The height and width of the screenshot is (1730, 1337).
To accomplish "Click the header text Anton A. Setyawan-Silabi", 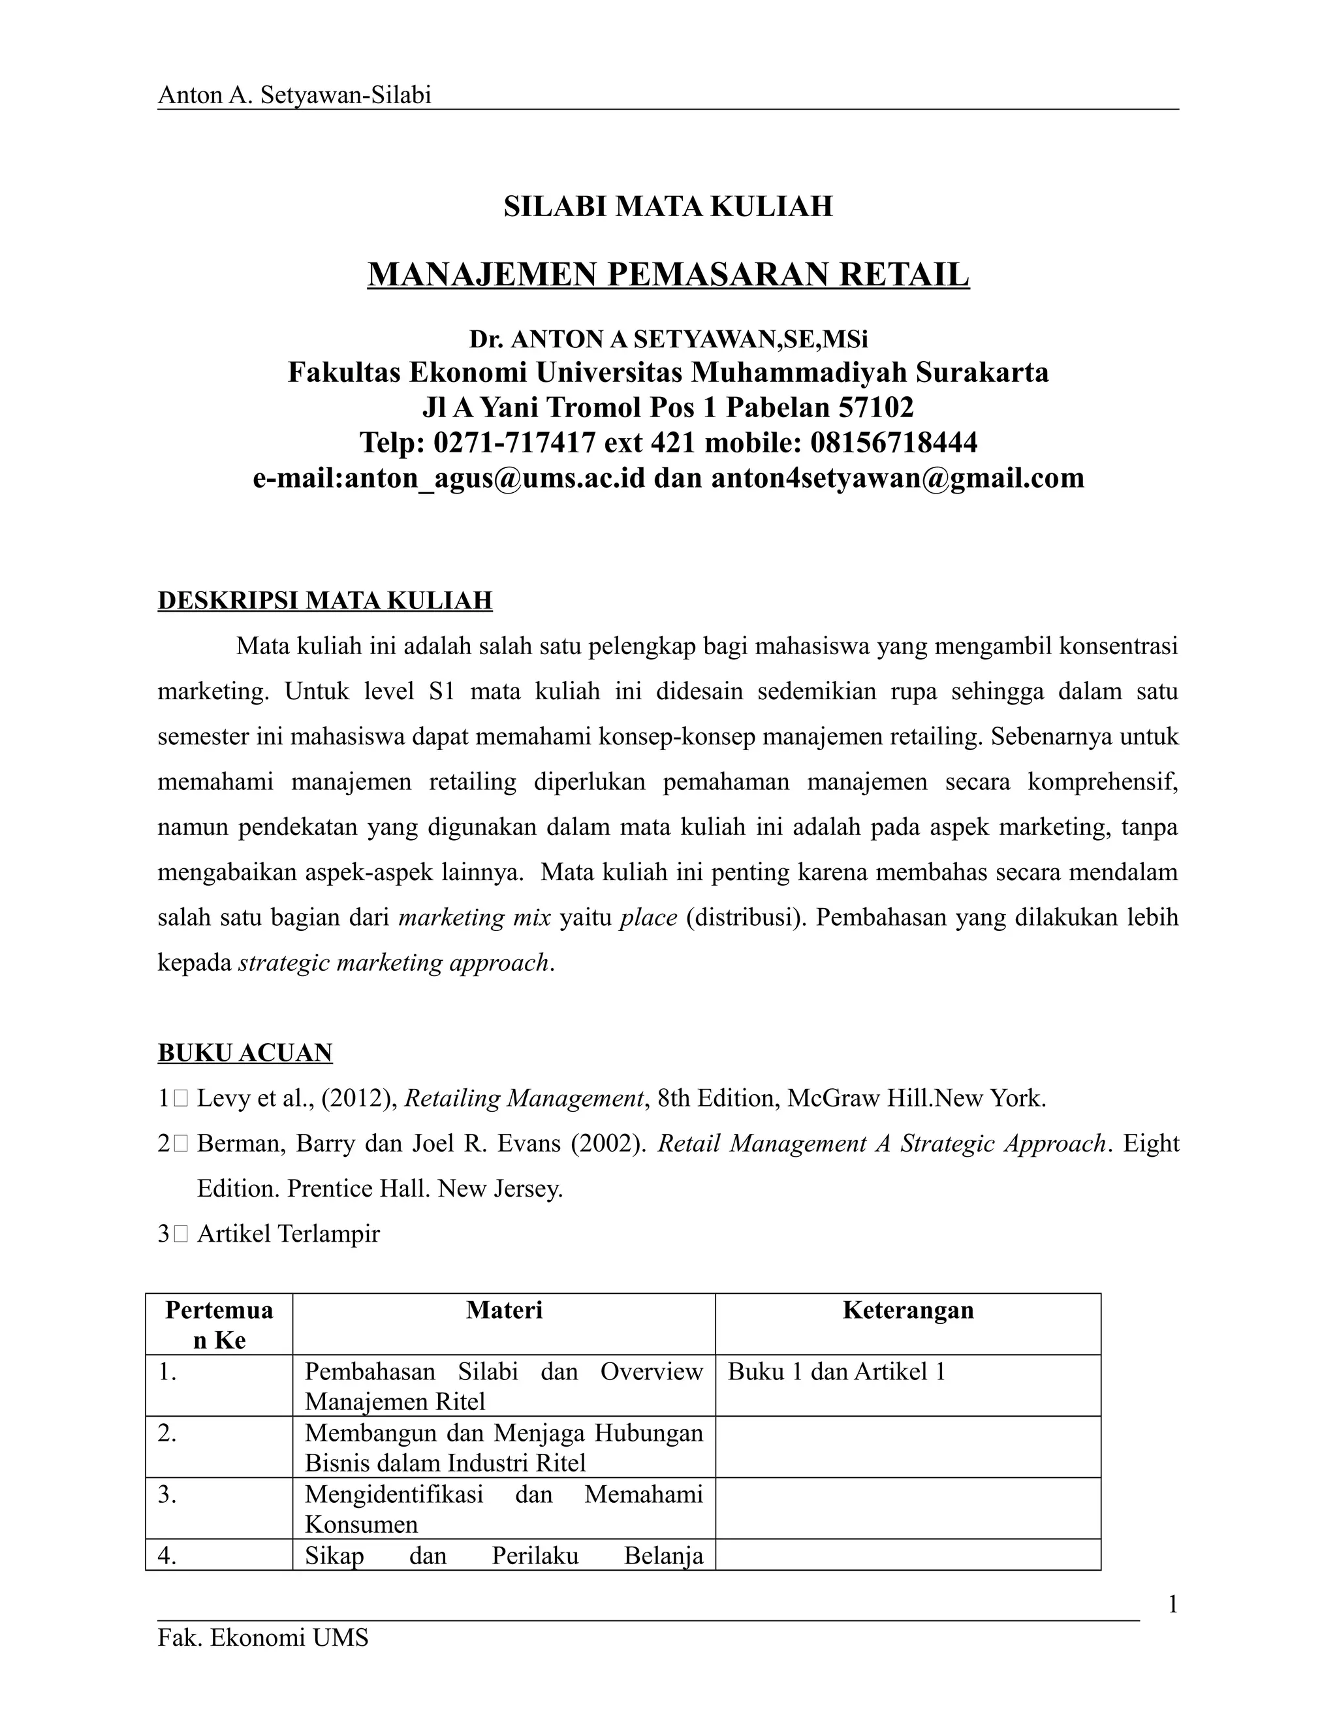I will pyautogui.click(x=294, y=95).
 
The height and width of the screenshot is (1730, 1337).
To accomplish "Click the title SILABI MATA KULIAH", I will pyautogui.click(x=668, y=207).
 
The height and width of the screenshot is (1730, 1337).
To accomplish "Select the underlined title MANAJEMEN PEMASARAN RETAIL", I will pyautogui.click(x=668, y=275).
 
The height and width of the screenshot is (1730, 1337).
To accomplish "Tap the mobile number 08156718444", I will pyautogui.click(x=894, y=442).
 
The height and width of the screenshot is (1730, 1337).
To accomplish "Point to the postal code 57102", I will pyautogui.click(x=875, y=407).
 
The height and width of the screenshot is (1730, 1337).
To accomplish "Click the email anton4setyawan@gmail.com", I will pyautogui.click(x=898, y=478).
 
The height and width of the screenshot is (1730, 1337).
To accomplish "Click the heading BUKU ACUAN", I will pyautogui.click(x=245, y=1053).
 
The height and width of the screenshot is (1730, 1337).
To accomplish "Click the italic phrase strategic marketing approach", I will pyautogui.click(x=394, y=962).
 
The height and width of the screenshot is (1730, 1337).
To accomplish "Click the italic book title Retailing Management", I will pyautogui.click(x=523, y=1099).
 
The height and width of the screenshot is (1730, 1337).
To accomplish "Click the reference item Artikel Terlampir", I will pyautogui.click(x=289, y=1233).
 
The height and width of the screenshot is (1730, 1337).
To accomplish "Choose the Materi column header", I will pyautogui.click(x=504, y=1310).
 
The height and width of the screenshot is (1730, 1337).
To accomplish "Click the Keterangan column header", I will pyautogui.click(x=907, y=1310).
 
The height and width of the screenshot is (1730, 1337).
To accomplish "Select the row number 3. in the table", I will pyautogui.click(x=167, y=1495).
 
